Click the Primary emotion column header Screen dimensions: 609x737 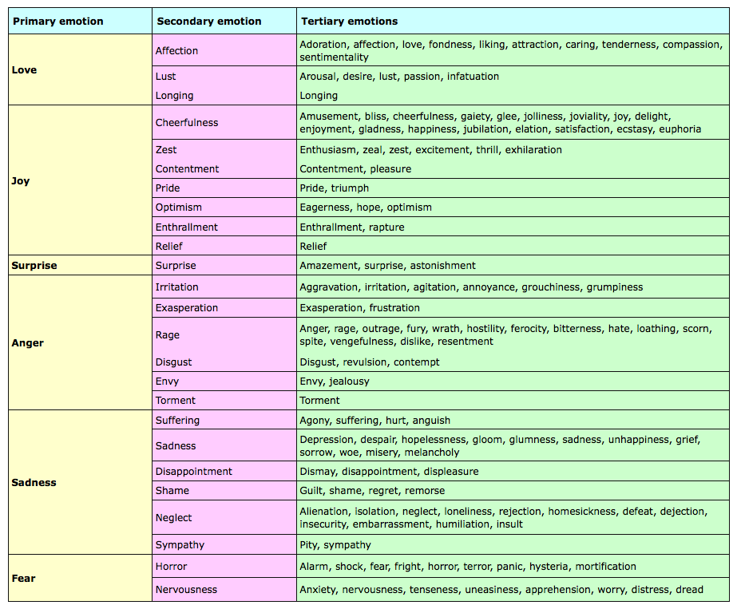coord(58,21)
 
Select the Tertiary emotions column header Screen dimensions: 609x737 coord(349,21)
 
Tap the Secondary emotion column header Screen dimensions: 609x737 coord(209,21)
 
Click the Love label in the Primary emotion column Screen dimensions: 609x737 coord(25,70)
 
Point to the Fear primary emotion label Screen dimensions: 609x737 coord(24,578)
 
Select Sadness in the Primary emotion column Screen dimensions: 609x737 coord(34,482)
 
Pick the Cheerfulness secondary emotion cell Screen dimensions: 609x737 coord(187,123)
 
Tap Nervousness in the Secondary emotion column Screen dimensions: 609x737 coord(187,590)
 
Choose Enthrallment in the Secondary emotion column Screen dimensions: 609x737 coord(187,227)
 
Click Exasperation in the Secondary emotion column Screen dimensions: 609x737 coord(187,308)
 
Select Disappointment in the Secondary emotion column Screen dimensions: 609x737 coord(194,472)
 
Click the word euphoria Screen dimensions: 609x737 coord(680,129)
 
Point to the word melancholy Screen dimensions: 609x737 coord(432,453)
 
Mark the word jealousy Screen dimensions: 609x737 coord(349,382)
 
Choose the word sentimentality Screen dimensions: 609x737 coord(335,57)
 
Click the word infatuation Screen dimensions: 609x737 coord(473,77)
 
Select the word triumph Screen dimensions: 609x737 coord(351,188)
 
